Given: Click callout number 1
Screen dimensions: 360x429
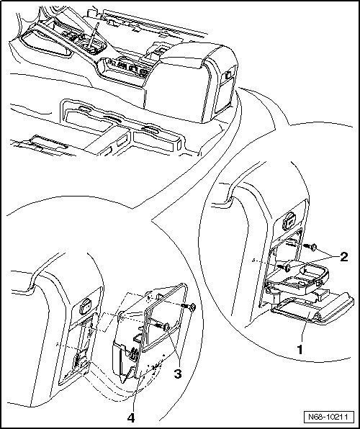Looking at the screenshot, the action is pos(300,350).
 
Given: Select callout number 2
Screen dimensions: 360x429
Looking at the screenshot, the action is pos(343,257).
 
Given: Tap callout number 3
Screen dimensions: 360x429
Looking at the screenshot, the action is pos(178,374).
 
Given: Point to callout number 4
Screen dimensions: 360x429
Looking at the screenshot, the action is pos(131,417).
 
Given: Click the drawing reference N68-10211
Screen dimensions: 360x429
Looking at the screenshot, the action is pos(328,417).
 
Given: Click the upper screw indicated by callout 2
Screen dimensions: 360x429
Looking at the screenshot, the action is pos(310,247).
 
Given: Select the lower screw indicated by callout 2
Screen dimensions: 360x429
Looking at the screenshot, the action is pos(284,267).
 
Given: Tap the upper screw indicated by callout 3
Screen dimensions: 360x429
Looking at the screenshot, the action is pos(189,307).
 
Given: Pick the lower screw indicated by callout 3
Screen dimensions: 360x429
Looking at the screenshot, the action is pos(163,326).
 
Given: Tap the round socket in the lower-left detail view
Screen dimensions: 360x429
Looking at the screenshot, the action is pos(86,307).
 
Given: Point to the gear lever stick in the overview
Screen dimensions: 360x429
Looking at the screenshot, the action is pos(94,35).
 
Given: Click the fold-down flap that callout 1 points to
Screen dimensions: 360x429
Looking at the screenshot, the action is pos(312,309).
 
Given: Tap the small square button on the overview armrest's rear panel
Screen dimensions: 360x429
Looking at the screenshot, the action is pos(228,74).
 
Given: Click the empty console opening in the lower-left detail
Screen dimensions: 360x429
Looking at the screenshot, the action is pos(79,351).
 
